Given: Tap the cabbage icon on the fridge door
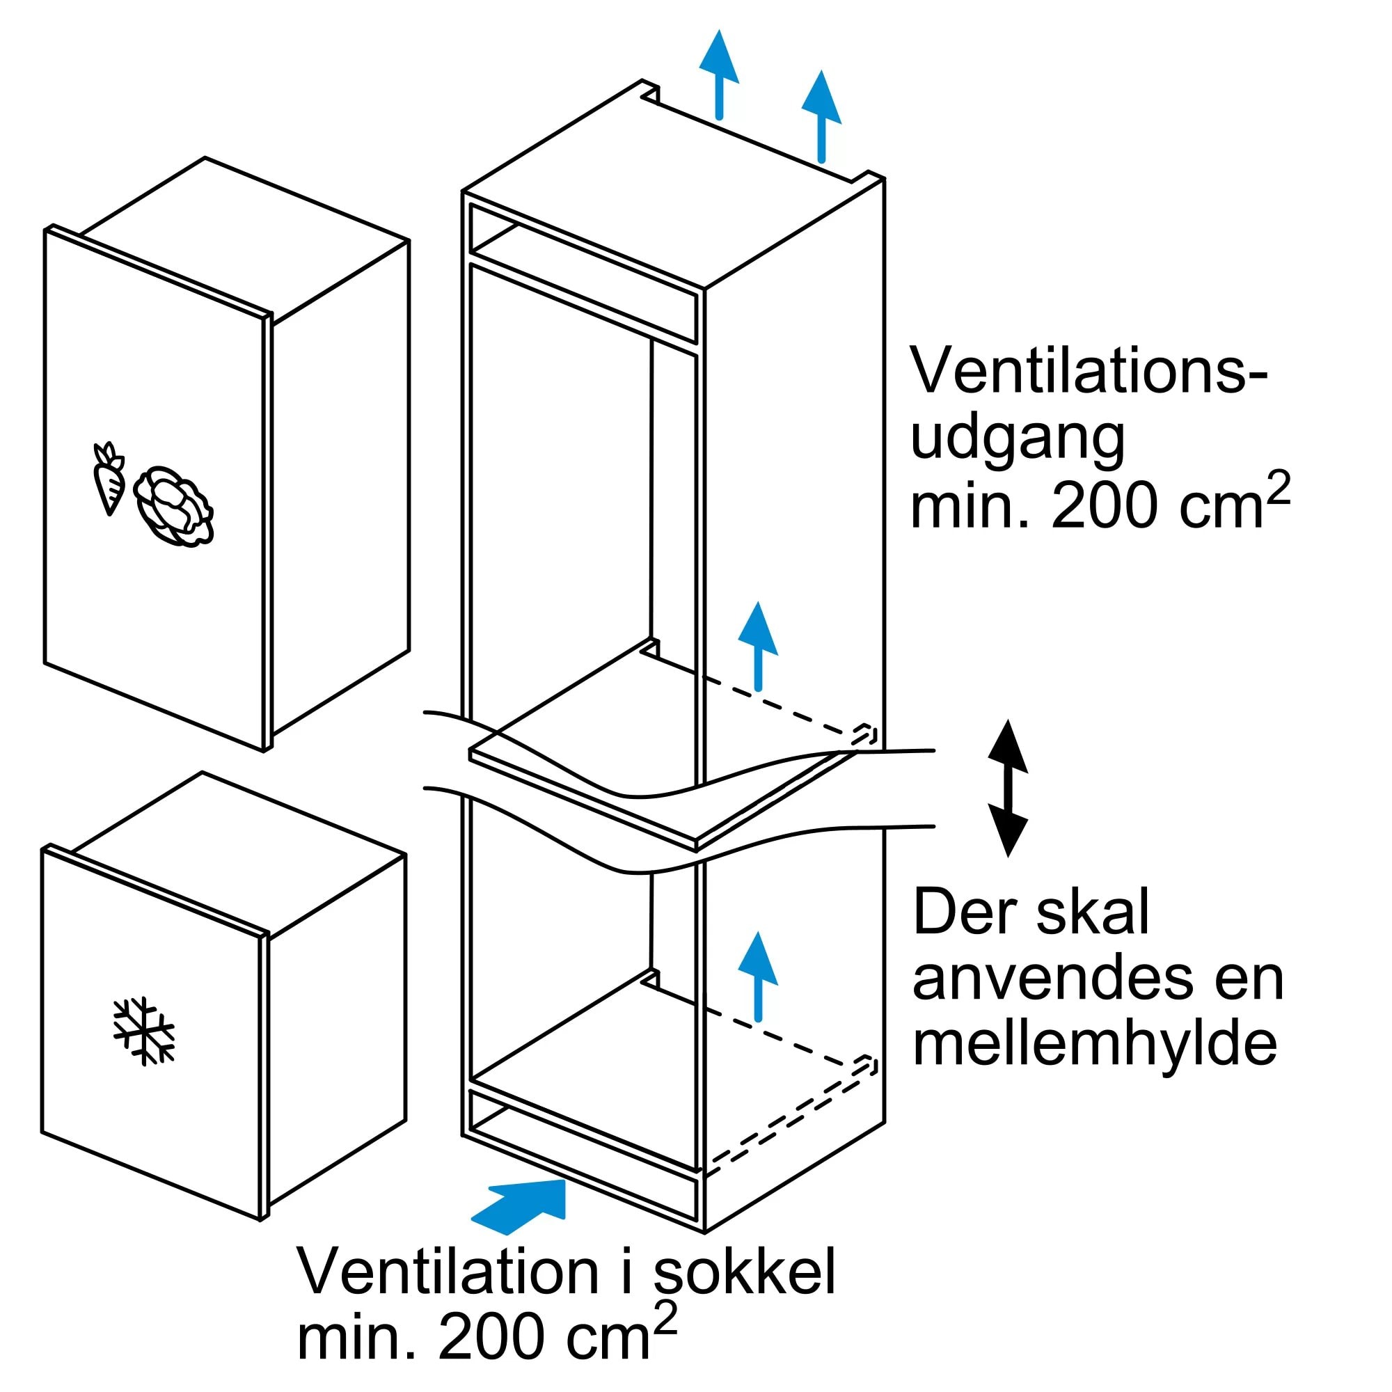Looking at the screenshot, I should [173, 505].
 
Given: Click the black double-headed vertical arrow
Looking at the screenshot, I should [1007, 789].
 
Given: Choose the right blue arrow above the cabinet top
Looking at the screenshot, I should [821, 116].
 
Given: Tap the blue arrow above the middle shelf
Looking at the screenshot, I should [758, 646].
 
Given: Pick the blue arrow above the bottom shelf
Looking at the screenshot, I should [758, 976].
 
